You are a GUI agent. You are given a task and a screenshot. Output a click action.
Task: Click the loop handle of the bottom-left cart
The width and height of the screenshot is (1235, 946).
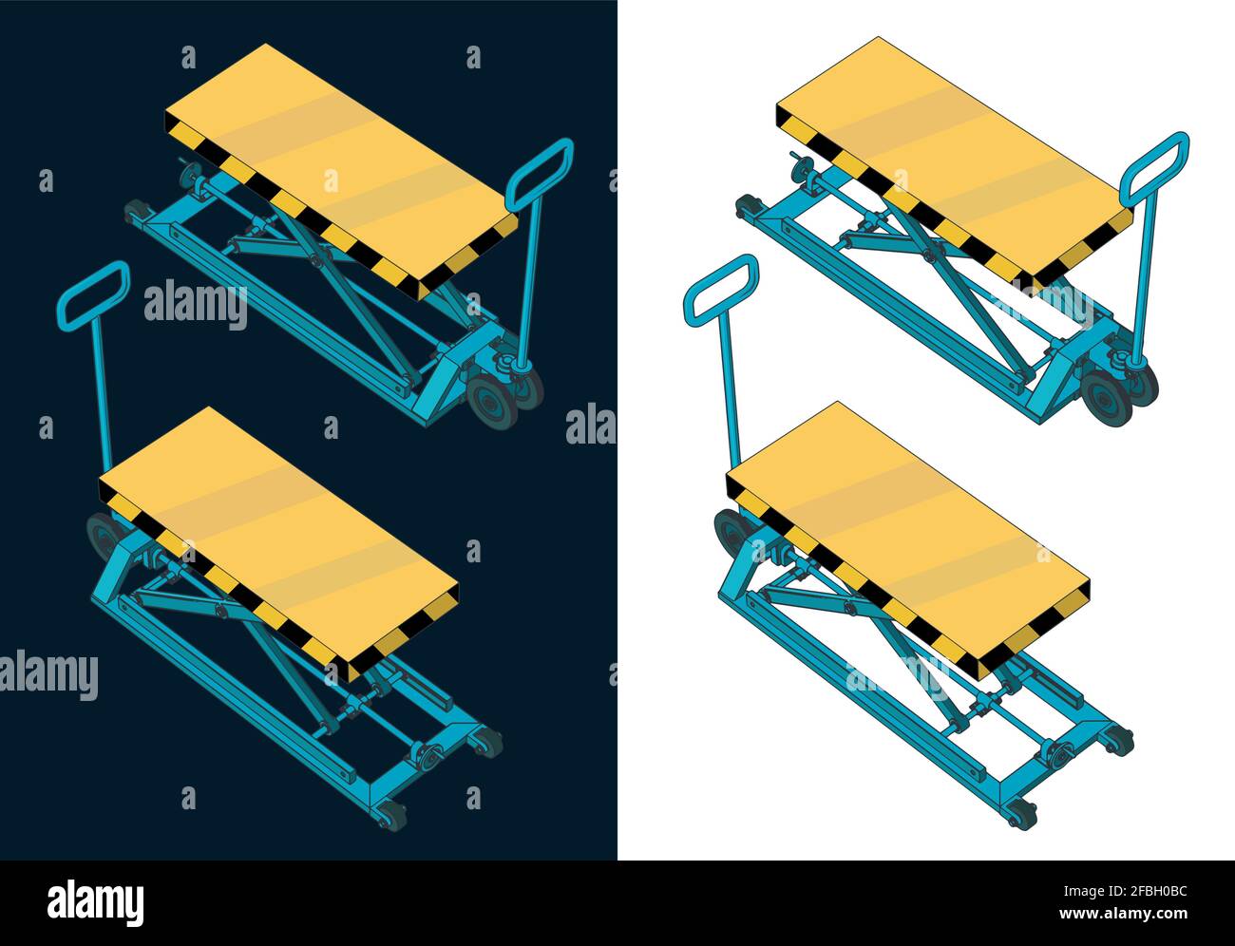click(x=92, y=294)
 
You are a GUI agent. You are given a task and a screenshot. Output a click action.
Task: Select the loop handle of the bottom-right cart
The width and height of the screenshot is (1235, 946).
click(x=721, y=289)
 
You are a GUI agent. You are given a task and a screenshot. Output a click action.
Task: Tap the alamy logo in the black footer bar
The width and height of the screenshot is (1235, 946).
click(x=95, y=903)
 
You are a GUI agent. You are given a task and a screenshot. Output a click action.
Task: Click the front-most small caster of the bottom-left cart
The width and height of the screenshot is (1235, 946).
click(x=390, y=814)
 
